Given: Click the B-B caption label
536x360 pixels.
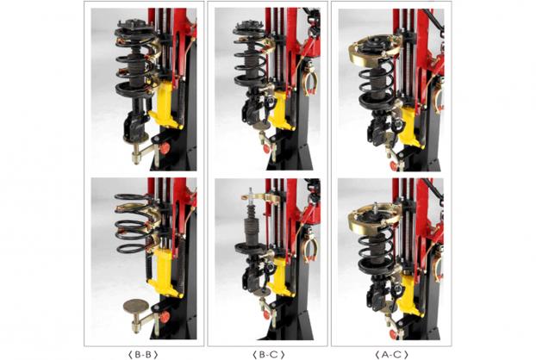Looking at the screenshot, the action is (143, 355).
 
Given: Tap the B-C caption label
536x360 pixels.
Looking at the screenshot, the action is (269, 355).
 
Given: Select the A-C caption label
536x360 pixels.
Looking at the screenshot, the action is (391, 355).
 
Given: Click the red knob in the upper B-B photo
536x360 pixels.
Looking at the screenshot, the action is (165, 149).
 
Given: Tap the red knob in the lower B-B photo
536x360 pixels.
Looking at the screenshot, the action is (165, 317).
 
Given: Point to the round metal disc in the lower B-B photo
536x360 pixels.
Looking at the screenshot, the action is (134, 305).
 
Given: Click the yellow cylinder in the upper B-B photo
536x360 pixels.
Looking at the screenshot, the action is (163, 104).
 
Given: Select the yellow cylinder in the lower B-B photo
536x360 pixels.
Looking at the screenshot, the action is (163, 272).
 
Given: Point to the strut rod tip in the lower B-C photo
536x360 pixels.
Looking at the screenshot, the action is (251, 191).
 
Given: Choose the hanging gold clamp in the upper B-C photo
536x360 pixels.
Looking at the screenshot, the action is (310, 81).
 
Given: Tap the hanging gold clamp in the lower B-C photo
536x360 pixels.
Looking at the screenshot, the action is (310, 249).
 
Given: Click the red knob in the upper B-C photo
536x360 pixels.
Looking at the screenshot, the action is (267, 149).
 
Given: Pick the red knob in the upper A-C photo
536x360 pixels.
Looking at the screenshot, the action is (394, 166).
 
